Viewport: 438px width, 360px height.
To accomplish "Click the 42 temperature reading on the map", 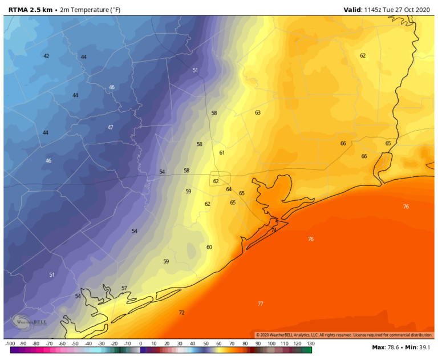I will click(46, 56).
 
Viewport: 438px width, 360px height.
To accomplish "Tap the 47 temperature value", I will click(111, 127).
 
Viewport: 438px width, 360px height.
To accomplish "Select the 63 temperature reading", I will click(258, 113).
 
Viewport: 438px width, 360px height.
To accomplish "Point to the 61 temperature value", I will click(222, 153).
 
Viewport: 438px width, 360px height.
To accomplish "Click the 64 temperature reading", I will click(229, 189).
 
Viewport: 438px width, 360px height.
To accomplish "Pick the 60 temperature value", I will click(209, 247).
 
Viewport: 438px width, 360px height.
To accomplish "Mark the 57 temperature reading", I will click(124, 288).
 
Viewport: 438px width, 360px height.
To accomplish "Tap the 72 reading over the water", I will click(181, 313).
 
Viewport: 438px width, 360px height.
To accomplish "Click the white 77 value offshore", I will click(260, 304).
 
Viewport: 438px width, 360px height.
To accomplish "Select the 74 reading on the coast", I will click(274, 230).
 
